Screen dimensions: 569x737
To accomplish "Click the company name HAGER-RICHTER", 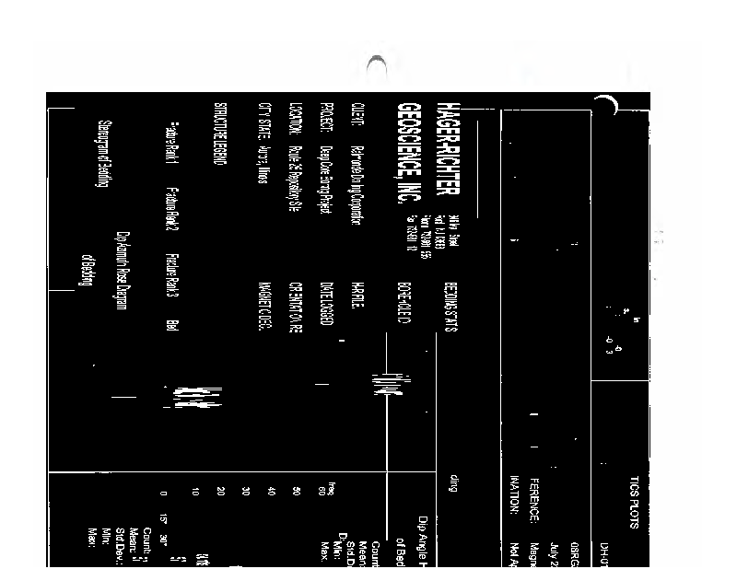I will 449,157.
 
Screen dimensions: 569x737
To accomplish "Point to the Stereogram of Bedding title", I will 103,156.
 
